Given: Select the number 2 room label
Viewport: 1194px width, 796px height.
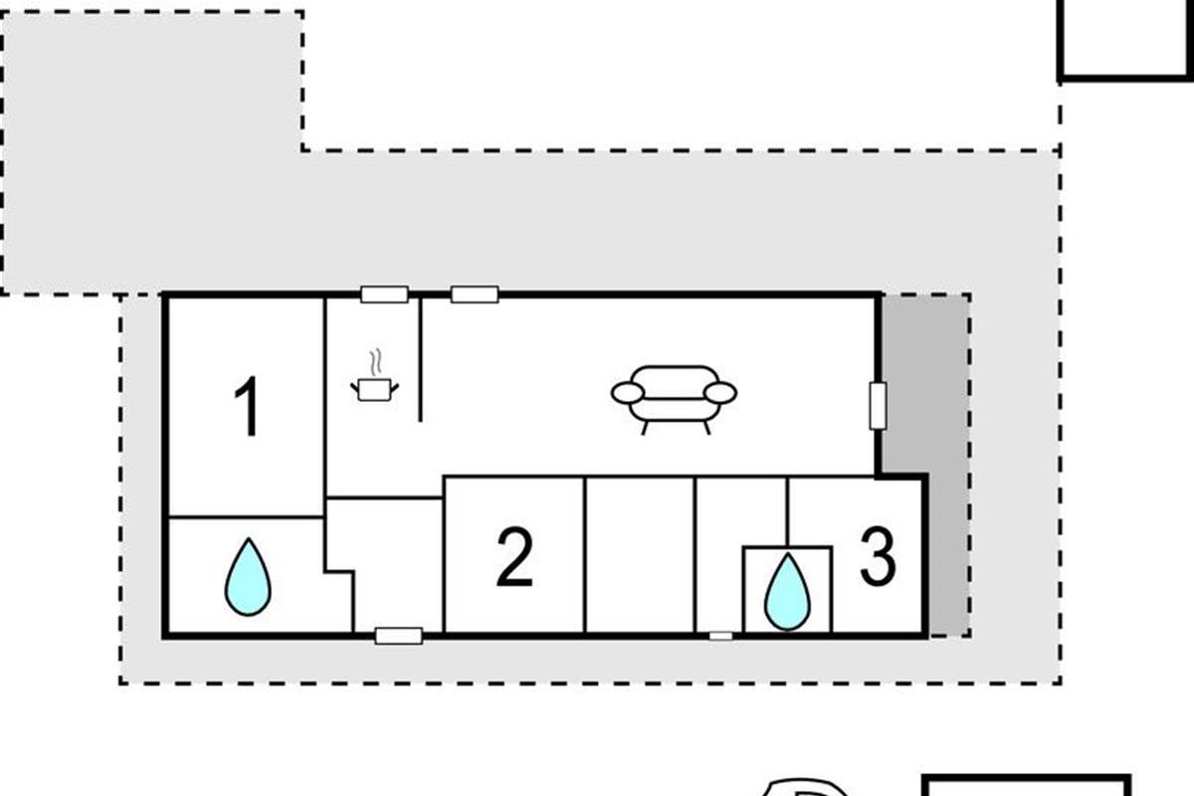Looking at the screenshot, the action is (x=514, y=556).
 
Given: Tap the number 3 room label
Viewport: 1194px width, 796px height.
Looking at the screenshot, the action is (x=878, y=556).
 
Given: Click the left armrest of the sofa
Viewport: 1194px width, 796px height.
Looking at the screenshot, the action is (x=628, y=393).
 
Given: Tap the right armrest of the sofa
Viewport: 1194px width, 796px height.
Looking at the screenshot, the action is (x=720, y=393).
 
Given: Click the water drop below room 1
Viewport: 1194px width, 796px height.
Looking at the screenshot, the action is (x=248, y=577).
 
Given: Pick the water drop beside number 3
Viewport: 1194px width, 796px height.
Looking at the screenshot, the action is (x=787, y=592).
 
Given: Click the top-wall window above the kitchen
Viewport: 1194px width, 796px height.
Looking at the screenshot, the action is (x=384, y=295).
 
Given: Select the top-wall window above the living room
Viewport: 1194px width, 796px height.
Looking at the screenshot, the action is (x=475, y=295).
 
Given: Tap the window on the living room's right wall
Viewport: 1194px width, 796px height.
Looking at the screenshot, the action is (x=878, y=406).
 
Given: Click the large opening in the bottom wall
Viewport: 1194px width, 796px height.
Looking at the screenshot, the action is (x=399, y=636).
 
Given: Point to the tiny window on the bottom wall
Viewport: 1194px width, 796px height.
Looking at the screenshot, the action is (x=720, y=636).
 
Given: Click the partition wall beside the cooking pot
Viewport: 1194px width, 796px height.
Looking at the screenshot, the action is (x=420, y=359).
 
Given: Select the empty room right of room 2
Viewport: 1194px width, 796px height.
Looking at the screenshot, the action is (x=640, y=554).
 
